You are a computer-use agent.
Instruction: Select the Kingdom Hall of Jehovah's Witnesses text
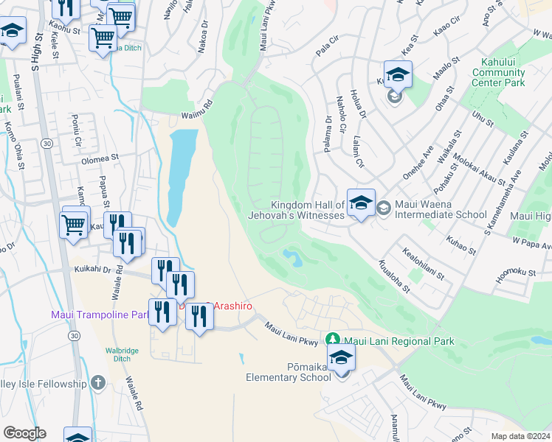click(x=308, y=210)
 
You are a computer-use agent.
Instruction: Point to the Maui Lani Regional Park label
click(x=401, y=341)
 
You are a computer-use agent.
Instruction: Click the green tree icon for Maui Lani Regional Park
click(x=334, y=340)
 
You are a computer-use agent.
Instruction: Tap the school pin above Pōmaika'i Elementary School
click(x=342, y=359)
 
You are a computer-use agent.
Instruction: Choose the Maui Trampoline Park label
click(x=100, y=315)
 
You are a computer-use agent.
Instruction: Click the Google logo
click(x=24, y=433)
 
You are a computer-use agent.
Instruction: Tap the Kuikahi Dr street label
click(x=92, y=270)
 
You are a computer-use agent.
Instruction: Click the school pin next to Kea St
click(x=398, y=76)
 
